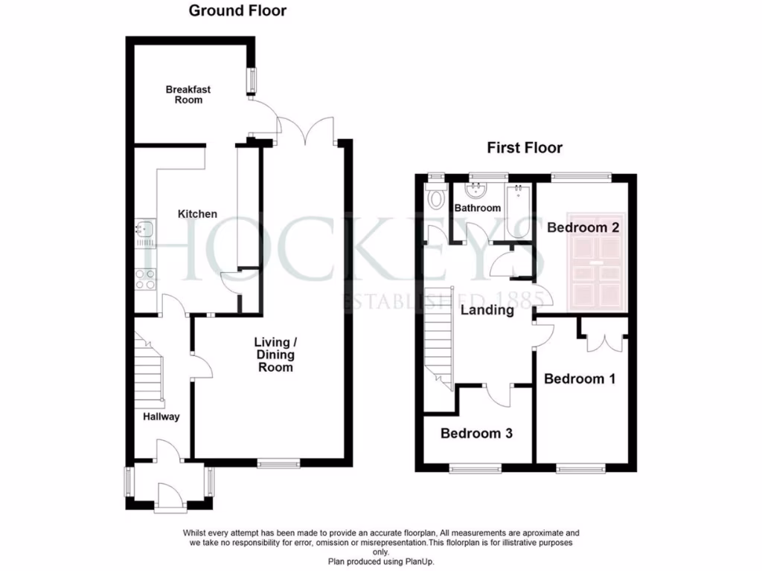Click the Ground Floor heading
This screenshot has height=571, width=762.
237,10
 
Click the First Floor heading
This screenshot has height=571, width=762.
525,148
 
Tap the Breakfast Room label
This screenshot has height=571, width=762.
188,94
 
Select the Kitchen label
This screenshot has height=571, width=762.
197,214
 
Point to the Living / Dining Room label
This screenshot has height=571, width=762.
275,355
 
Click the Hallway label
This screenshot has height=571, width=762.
161,417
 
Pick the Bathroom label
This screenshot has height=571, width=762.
478,208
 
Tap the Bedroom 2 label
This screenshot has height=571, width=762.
583,228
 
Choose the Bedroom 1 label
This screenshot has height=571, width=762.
580,379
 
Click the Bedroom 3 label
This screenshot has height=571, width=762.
476,433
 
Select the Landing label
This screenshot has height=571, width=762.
487,310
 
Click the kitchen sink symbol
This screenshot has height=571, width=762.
144,233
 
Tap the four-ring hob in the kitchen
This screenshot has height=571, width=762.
144,278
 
